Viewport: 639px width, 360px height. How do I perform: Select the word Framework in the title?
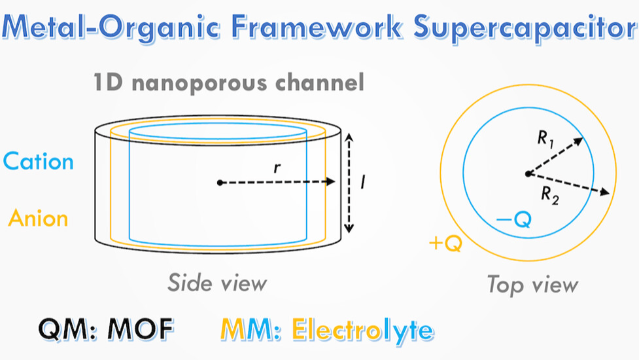pos(317,26)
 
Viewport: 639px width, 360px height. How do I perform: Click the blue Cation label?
pos(39,162)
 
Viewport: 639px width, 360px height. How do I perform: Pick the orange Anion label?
pos(39,218)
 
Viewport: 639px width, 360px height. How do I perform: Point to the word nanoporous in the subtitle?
pos(199,83)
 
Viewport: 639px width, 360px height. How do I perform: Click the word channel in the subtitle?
pos(320,82)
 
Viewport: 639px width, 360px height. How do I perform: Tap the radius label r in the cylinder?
pos(277,168)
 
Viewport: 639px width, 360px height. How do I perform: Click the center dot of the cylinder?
pos(220,183)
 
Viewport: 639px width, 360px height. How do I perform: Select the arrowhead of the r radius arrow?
pos(331,182)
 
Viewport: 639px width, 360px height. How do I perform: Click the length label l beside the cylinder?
pos(363,181)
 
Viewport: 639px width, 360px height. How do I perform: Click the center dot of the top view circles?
pos(528,174)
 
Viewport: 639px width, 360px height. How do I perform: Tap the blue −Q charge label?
pos(513,219)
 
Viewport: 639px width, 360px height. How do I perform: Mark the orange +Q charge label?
pos(446,243)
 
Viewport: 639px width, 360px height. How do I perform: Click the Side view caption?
pos(217,283)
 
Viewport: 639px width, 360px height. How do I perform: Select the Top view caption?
pos(532,285)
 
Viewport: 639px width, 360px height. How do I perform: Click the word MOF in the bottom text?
pos(141,329)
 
